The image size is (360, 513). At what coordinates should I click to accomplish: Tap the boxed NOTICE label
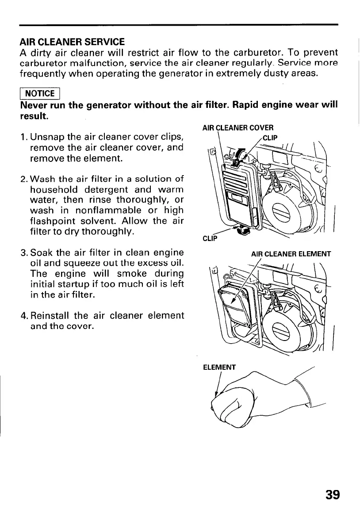(x=40, y=93)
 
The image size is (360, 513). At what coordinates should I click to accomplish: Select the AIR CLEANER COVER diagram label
(x=237, y=128)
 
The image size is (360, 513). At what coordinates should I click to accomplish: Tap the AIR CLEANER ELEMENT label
(x=291, y=254)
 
